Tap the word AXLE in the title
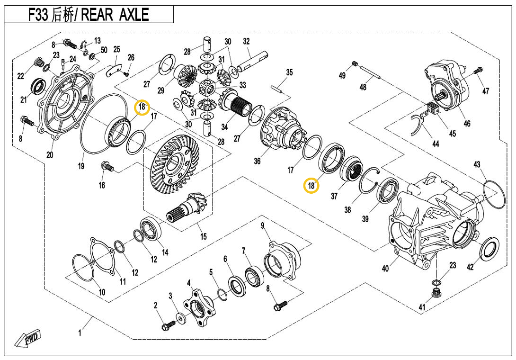pyautogui.click(x=132, y=15)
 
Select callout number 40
pyautogui.click(x=386, y=269)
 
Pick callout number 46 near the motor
pyautogui.click(x=467, y=124)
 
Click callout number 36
pyautogui.click(x=257, y=161)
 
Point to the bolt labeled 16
pyautogui.click(x=107, y=167)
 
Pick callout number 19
pyautogui.click(x=81, y=166)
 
